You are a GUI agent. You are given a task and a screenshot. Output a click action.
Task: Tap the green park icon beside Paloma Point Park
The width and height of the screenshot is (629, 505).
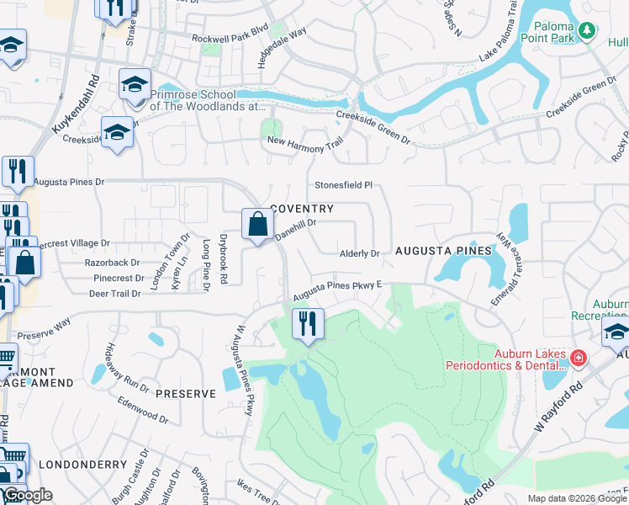pyautogui.click(x=589, y=32)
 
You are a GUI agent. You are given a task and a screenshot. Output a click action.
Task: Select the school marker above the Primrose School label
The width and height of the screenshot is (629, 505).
pyautogui.click(x=135, y=85)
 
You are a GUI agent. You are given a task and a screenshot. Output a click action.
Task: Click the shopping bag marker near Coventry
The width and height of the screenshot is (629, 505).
pyautogui.click(x=257, y=225)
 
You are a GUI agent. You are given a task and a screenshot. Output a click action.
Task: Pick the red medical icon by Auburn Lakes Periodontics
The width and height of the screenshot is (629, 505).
pyautogui.click(x=577, y=359)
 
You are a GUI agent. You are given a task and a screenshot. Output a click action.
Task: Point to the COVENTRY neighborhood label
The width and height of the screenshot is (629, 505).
pyautogui.click(x=302, y=209)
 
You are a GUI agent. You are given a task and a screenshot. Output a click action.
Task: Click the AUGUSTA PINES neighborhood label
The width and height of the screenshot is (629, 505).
pyautogui.click(x=443, y=251)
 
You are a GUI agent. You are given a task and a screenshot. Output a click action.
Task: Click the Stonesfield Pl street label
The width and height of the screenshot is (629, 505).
pyautogui.click(x=343, y=185)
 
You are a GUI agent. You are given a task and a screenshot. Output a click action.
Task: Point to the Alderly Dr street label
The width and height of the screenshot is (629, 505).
pyautogui.click(x=360, y=252)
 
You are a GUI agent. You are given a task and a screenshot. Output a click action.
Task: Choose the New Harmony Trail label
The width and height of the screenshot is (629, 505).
pyautogui.click(x=306, y=144)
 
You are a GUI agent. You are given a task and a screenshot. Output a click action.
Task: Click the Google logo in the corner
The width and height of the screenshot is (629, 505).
pyautogui.click(x=27, y=495)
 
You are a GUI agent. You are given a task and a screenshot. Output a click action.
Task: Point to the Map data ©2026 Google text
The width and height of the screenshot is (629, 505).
pyautogui.click(x=577, y=498)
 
